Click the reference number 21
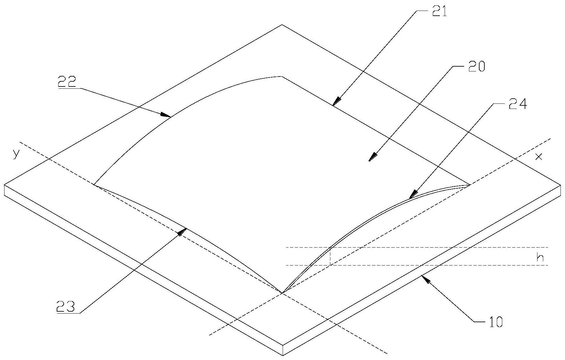point(439,12)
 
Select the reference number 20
point(477,67)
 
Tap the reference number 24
point(517,104)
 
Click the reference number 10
point(495,322)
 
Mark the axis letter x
point(539,157)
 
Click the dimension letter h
point(540,258)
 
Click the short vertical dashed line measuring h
point(330,256)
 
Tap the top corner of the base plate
point(282,25)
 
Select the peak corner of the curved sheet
point(281,76)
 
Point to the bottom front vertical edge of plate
point(283,350)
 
